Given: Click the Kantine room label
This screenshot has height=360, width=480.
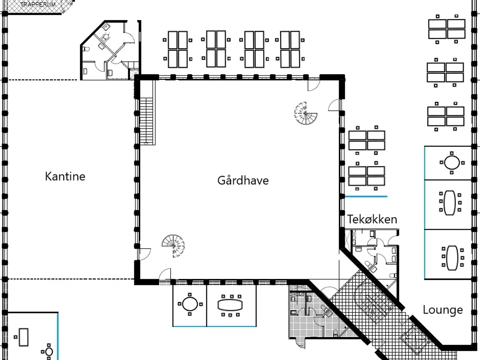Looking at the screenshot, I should point(65,176).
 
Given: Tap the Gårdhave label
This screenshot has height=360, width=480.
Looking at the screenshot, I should point(243,180).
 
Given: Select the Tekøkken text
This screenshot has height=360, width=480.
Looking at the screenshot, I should point(372,219).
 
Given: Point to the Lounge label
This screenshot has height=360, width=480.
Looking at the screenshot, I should point(442,310).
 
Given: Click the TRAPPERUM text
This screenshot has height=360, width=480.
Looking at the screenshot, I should point(37,4).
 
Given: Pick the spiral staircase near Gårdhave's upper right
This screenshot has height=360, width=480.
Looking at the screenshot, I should point(306,113).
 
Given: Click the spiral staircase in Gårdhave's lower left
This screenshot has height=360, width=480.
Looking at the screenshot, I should point(173,246).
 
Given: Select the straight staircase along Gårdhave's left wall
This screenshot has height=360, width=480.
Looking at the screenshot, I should point(147,121).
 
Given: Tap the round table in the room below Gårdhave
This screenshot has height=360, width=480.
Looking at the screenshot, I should point(190,304).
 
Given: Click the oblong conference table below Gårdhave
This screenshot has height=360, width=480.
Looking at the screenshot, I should point(230,304).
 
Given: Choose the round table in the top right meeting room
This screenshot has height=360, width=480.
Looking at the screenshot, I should point(451,163).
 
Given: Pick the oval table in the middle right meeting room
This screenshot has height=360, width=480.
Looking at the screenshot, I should point(450,203).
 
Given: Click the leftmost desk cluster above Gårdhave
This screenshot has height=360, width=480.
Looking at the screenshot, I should point(178,49).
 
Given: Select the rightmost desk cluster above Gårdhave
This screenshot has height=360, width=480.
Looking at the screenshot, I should point(290,49).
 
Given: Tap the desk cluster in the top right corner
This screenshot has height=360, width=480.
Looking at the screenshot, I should point(447,29).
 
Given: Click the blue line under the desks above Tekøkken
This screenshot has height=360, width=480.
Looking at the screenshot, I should point(366,196).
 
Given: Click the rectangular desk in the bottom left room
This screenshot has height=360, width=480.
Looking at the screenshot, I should point(24,337).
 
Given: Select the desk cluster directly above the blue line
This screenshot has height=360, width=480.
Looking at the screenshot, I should point(367,176).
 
